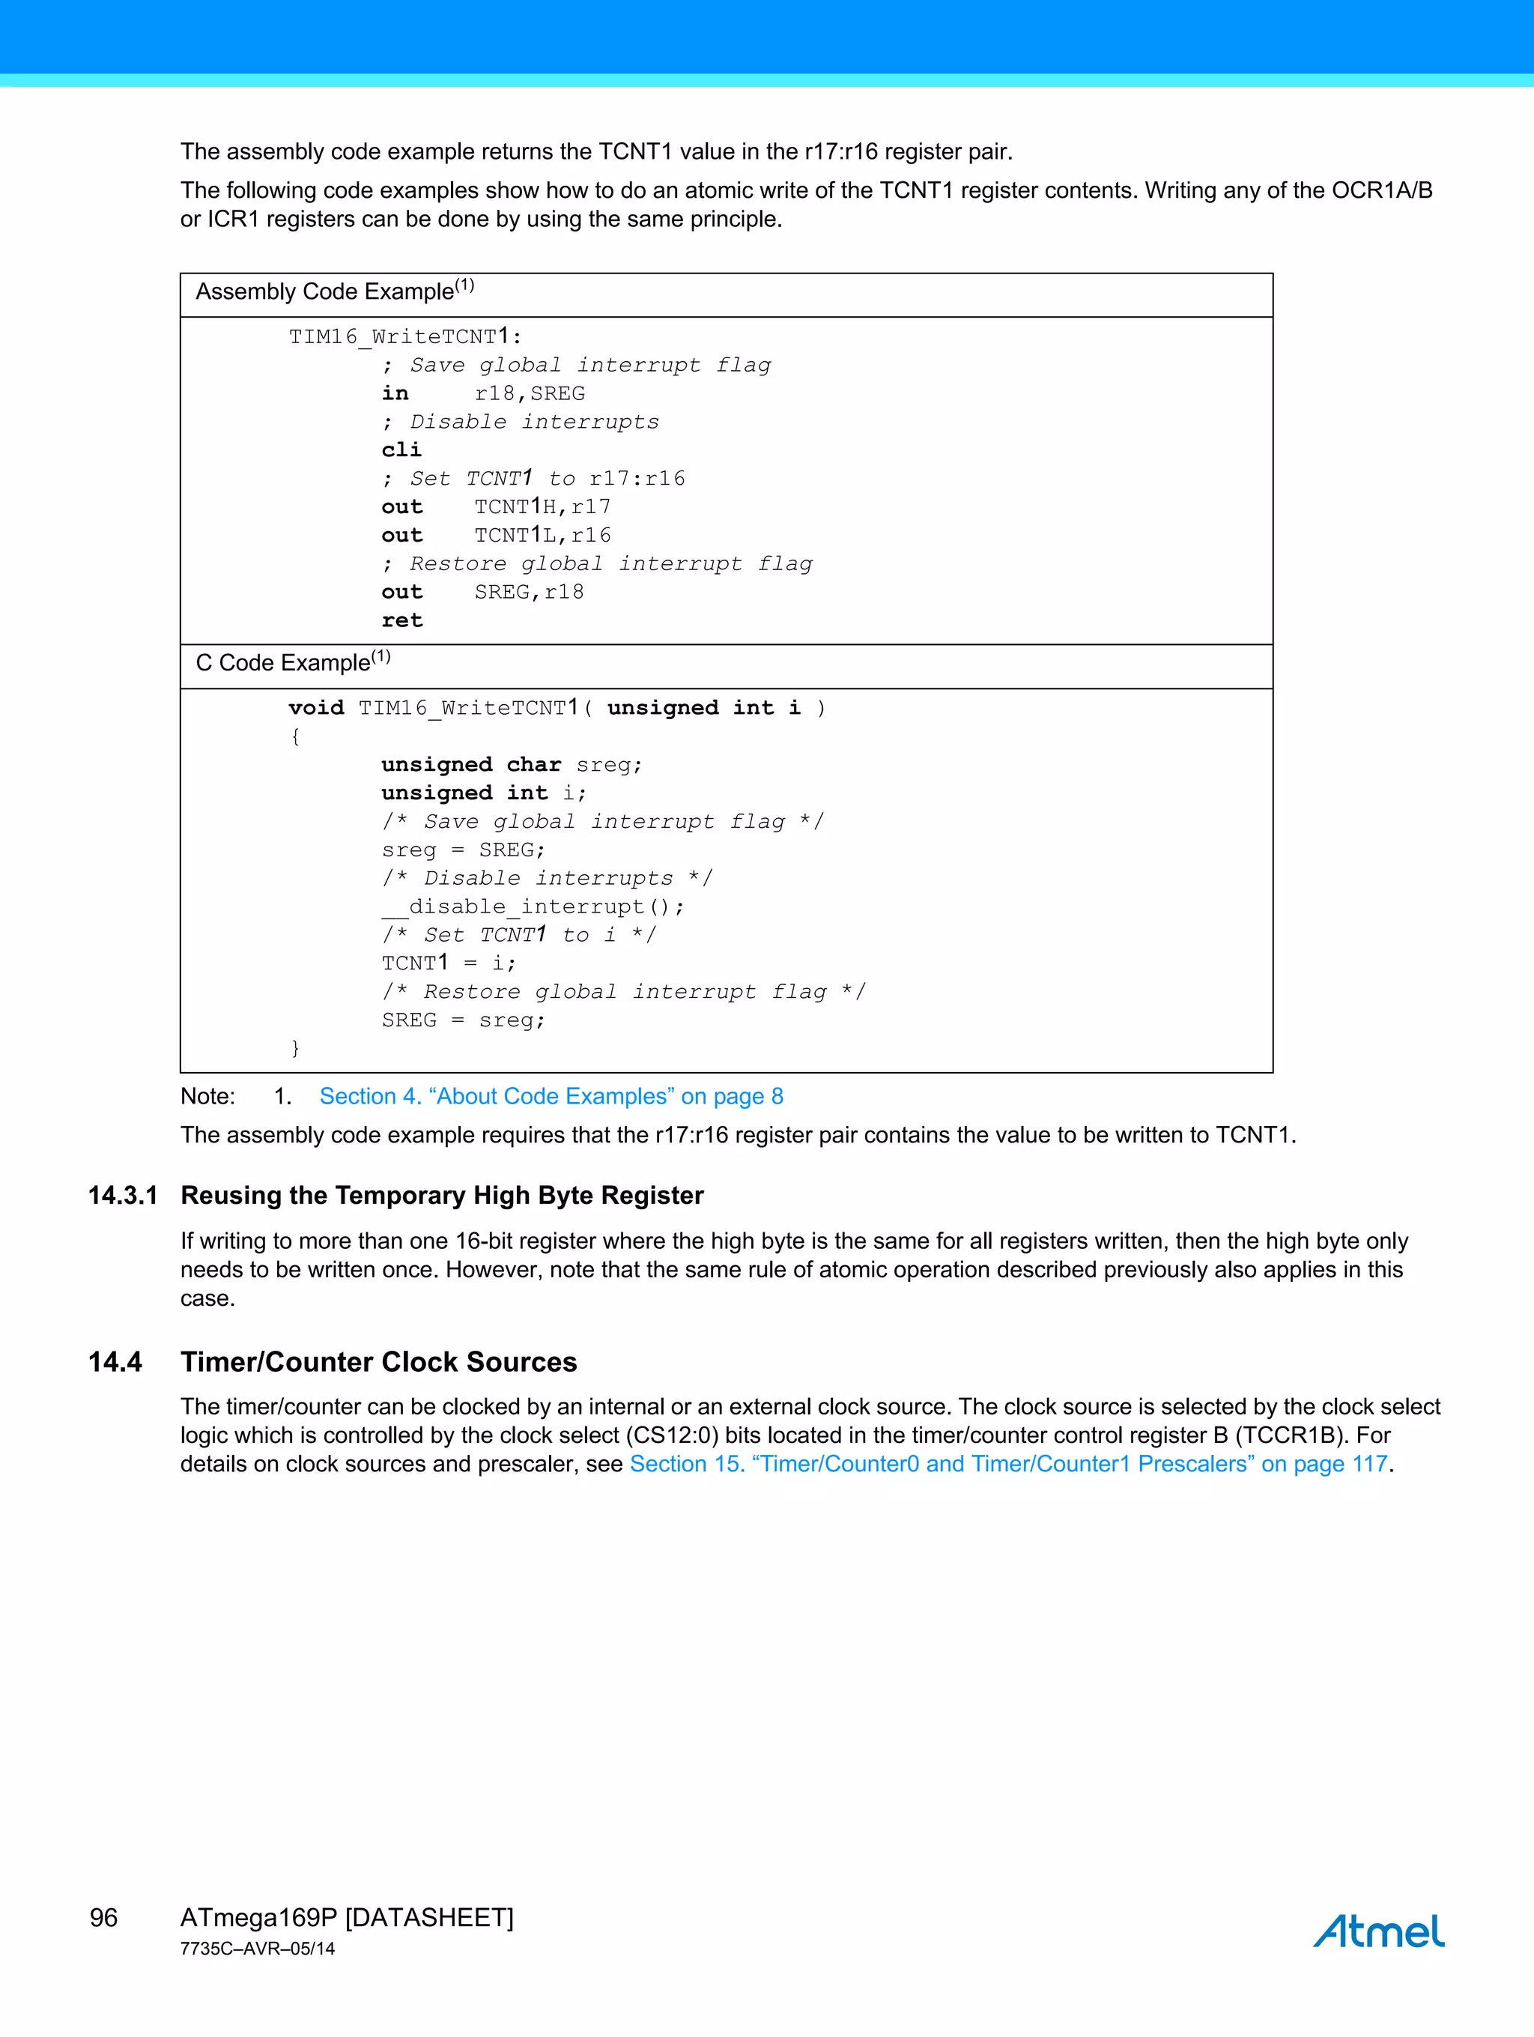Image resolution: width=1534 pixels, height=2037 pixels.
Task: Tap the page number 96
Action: click(103, 1917)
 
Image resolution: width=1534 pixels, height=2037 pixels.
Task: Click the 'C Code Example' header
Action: click(293, 662)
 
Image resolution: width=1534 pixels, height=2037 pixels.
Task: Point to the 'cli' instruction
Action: click(401, 450)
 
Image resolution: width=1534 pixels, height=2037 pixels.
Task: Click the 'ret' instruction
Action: click(401, 620)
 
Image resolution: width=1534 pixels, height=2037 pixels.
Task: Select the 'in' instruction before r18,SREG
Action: click(395, 393)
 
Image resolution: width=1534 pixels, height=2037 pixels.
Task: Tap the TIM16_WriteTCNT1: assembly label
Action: click(405, 336)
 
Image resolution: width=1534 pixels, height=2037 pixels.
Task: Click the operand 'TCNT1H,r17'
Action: click(542, 506)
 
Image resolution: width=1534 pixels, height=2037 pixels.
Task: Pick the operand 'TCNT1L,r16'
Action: click(542, 535)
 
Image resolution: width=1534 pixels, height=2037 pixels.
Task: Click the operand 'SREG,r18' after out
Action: click(529, 592)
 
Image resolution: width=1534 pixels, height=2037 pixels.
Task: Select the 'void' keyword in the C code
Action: click(316, 707)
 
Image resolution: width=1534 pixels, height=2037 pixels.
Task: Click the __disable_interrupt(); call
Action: click(533, 907)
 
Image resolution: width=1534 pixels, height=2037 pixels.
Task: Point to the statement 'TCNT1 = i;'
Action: click(449, 963)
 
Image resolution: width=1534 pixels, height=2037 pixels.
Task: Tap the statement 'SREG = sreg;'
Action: click(463, 1020)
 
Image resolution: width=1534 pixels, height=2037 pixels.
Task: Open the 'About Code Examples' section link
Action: click(551, 1096)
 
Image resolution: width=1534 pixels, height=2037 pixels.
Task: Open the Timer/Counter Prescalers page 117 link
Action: click(1008, 1463)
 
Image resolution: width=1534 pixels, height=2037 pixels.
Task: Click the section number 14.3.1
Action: click(122, 1196)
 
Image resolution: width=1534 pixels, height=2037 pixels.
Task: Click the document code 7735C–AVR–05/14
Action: click(258, 1949)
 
